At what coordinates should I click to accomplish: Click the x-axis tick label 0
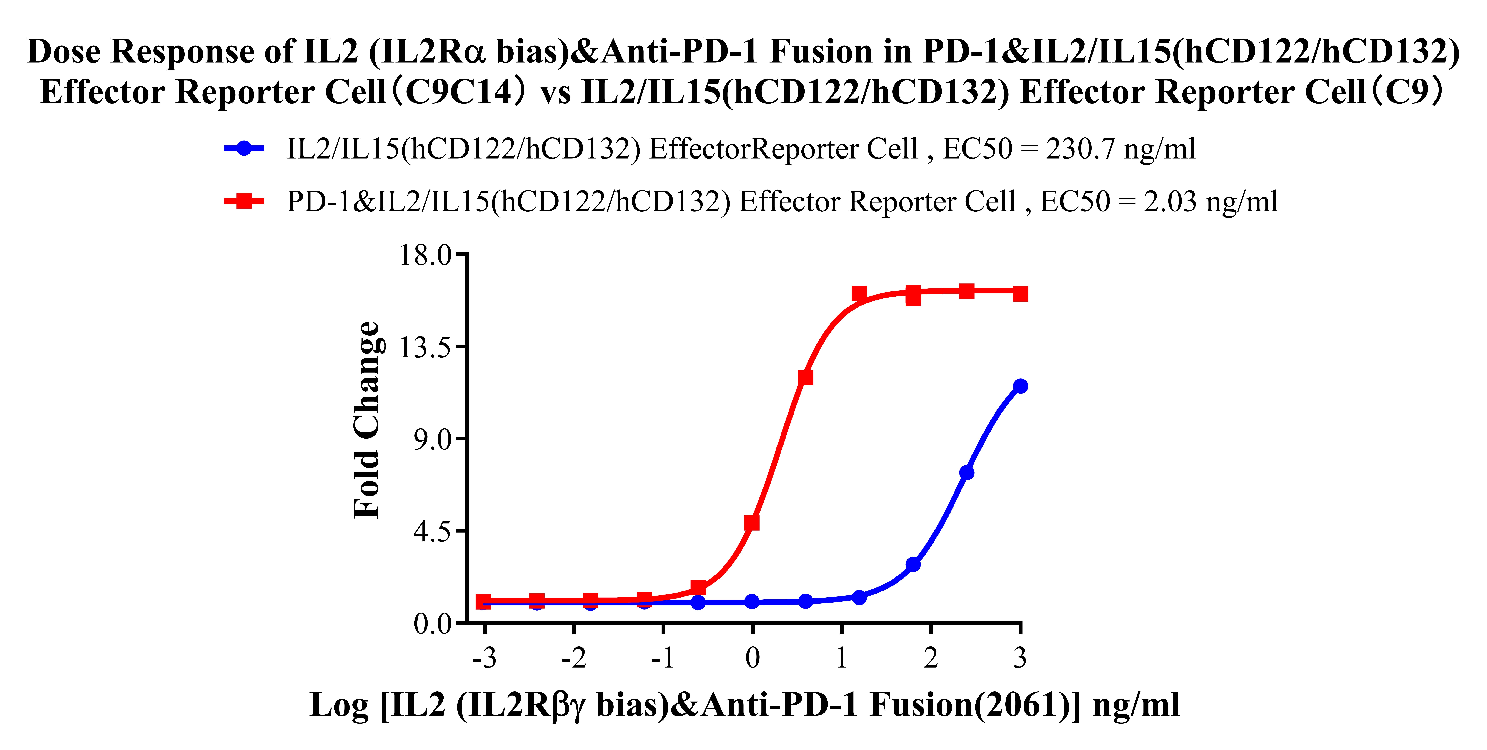point(752,658)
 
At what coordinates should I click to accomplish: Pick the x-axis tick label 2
point(931,658)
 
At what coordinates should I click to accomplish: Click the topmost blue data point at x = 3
point(1020,386)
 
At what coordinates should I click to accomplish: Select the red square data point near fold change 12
point(805,377)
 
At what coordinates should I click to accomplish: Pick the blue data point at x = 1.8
point(913,564)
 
